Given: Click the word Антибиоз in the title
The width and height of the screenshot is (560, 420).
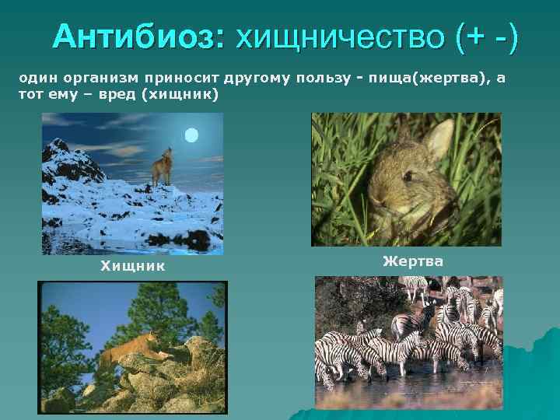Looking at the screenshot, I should pyautogui.click(x=138, y=36).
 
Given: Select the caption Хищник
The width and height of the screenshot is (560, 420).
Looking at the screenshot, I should pyautogui.click(x=132, y=266).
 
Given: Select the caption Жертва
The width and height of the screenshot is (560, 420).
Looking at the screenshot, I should pyautogui.click(x=413, y=261).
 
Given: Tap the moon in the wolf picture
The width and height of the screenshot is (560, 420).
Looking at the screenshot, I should pyautogui.click(x=191, y=135).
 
